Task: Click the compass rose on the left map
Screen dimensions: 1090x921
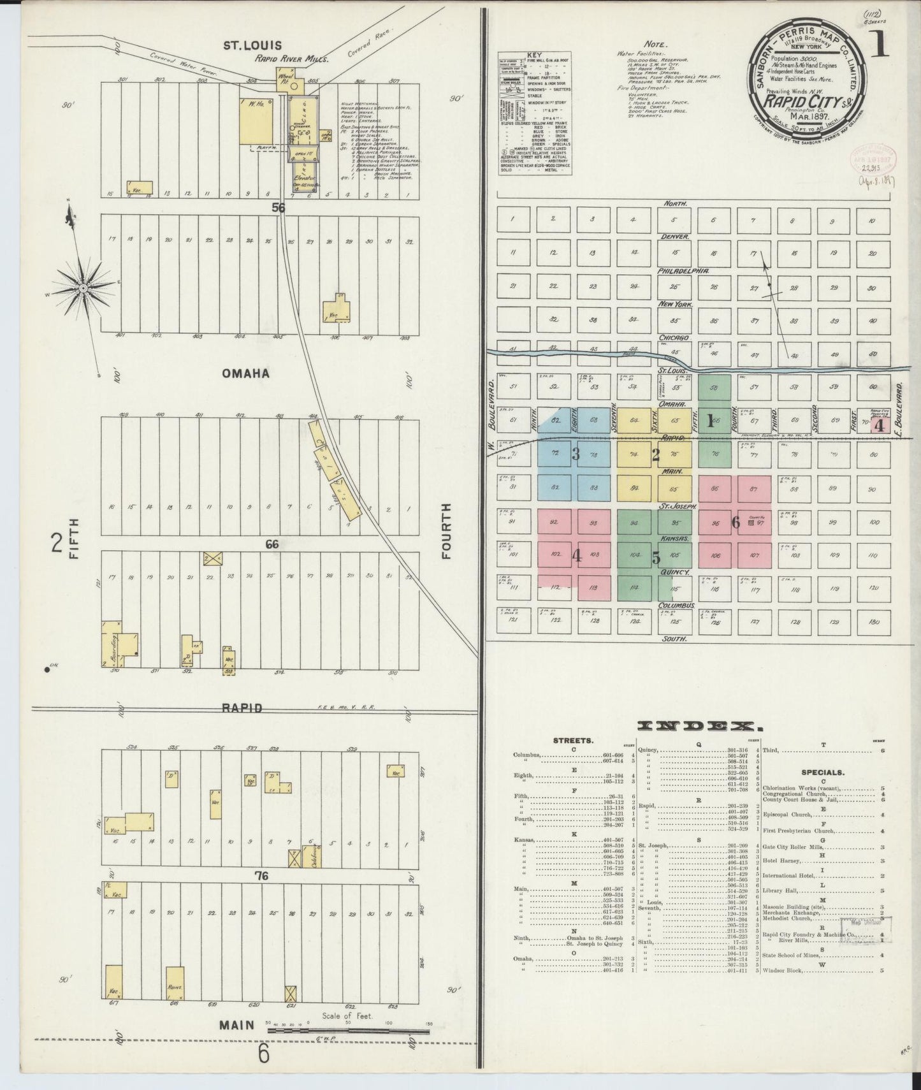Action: [x=83, y=289]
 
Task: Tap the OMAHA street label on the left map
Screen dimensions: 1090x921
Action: [x=246, y=374]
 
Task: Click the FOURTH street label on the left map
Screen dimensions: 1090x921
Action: [x=446, y=530]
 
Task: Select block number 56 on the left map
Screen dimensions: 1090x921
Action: [x=279, y=207]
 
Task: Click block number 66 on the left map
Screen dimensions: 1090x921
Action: [x=273, y=544]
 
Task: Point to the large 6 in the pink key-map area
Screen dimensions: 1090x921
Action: [x=736, y=523]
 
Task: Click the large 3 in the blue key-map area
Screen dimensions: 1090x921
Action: [x=576, y=454]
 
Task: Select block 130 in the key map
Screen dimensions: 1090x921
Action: [x=874, y=621]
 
